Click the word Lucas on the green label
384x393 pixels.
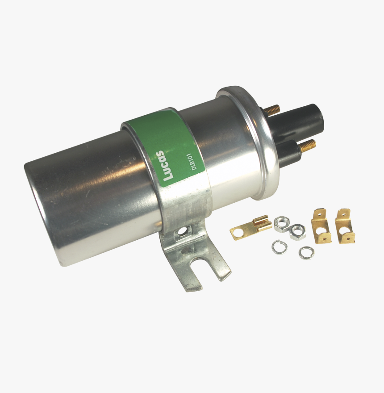(x=168, y=165)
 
